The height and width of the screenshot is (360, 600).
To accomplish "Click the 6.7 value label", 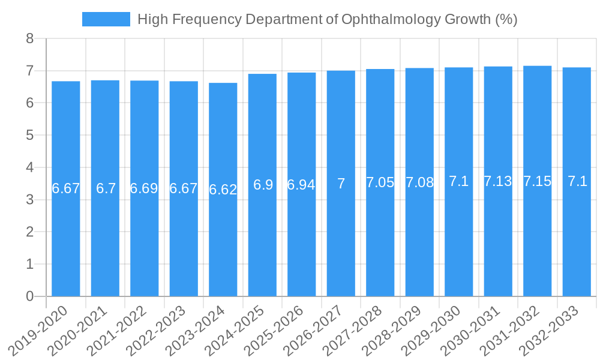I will click(x=106, y=188).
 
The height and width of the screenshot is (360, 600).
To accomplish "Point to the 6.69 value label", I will click(x=145, y=188).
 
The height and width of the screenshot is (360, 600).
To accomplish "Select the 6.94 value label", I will click(x=301, y=185).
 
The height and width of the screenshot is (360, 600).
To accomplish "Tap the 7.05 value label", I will click(x=380, y=183).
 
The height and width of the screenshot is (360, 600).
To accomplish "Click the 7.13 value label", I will click(x=498, y=181).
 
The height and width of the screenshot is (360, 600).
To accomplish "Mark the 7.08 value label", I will click(x=419, y=182).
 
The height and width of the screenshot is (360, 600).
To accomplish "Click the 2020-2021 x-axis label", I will click(x=79, y=331).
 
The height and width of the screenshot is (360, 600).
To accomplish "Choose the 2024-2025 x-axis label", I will click(x=236, y=331).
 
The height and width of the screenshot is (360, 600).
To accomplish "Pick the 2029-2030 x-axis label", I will click(x=432, y=331).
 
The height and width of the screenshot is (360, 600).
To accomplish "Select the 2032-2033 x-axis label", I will click(x=550, y=331).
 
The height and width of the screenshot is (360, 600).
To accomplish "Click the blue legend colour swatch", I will click(x=106, y=19).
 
